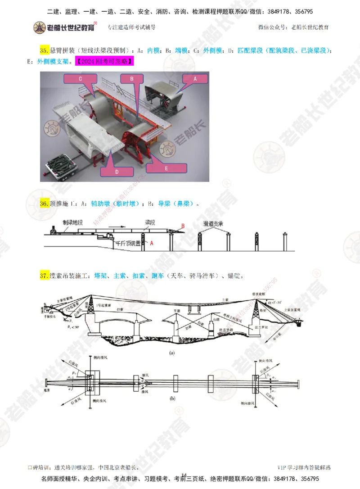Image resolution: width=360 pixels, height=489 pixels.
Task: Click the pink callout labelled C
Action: pos(80,79)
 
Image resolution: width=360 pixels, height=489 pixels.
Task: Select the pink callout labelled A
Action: pos(195,78)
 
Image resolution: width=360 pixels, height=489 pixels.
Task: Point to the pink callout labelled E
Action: pos(166,168)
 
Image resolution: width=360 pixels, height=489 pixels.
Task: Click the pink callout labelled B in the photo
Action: pos(132,78)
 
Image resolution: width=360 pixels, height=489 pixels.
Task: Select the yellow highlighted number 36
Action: pos(44,204)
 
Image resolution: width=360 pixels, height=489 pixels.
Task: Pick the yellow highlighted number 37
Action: pos(44,276)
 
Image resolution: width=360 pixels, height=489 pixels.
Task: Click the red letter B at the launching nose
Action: pos(183,226)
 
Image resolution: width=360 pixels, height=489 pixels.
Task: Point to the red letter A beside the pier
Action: pos(152,243)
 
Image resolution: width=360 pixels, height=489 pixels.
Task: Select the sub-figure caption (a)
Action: pos(171,353)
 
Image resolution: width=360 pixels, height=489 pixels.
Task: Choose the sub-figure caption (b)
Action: pos(171,398)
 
